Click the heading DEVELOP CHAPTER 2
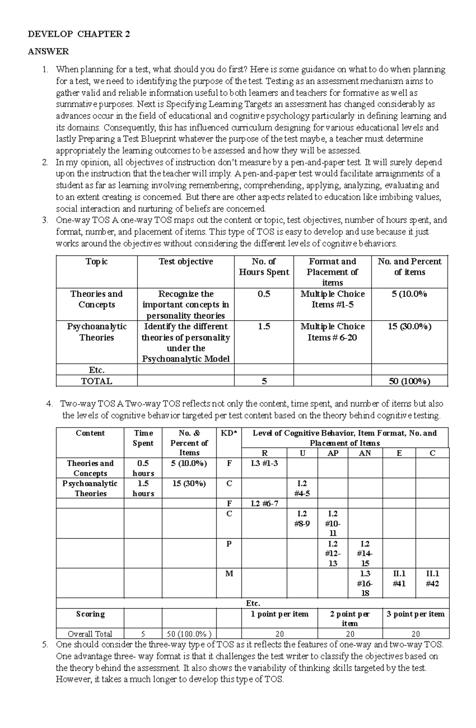79,34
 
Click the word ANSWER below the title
48,52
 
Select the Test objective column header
186,262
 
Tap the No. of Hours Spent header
264,267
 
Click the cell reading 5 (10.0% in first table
409,294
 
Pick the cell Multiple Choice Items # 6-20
332,332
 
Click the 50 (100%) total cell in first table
409,382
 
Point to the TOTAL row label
96,382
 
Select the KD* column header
228,433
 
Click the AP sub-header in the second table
332,453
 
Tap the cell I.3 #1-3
264,463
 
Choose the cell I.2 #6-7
264,504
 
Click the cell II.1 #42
432,579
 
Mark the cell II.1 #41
399,579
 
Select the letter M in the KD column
229,574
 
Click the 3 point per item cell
416,615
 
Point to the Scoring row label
90,615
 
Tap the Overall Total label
90,634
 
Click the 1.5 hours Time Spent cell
143,488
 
